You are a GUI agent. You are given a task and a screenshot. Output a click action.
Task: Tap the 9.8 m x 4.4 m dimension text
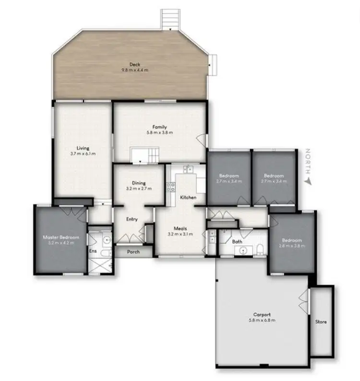134,70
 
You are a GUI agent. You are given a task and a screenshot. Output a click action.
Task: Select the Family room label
160,127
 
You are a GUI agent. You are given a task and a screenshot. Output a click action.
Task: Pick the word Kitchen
187,197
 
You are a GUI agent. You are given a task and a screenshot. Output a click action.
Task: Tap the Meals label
180,229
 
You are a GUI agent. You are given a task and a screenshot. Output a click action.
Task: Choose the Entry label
132,219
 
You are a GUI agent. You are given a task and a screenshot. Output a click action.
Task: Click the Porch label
133,252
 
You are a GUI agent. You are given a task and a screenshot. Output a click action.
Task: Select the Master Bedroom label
60,237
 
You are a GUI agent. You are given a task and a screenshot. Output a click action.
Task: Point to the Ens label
93,251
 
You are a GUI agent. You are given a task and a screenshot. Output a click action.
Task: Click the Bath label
237,242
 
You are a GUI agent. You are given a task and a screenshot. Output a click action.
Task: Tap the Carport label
262,315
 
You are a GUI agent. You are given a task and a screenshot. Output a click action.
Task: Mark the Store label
321,321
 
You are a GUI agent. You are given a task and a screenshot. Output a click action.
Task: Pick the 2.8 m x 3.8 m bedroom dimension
291,246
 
